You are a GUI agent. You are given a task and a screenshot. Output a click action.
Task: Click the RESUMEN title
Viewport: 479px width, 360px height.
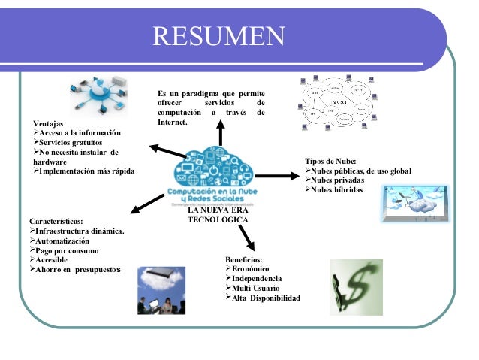219,35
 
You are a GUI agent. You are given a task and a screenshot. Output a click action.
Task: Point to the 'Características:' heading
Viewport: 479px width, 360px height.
56,222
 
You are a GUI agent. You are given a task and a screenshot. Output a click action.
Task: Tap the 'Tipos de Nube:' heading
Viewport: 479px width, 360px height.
330,162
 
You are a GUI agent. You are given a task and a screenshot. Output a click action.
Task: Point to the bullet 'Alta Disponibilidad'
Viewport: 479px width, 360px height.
266,298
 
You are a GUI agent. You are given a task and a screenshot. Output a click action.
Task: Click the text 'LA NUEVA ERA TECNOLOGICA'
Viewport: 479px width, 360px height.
218,214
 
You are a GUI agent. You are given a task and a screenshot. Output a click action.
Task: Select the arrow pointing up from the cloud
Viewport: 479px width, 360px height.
220,132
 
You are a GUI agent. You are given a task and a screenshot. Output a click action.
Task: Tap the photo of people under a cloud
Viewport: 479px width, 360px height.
161,290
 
